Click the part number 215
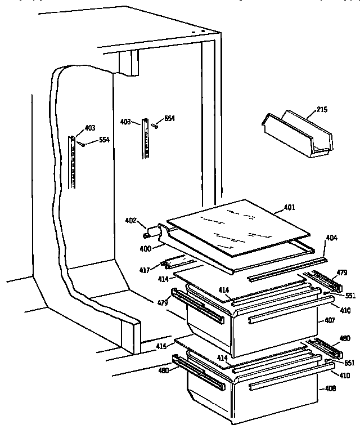pyautogui.click(x=322, y=110)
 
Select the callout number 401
pyautogui.click(x=289, y=207)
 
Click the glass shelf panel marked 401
pyautogui.click(x=238, y=227)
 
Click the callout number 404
pyautogui.click(x=331, y=239)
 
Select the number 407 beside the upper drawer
pyautogui.click(x=330, y=320)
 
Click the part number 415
pyautogui.click(x=161, y=346)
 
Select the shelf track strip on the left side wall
pyautogui.click(x=73, y=161)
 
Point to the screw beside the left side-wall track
pyautogui.click(x=82, y=144)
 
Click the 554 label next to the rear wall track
pyautogui.click(x=170, y=119)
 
